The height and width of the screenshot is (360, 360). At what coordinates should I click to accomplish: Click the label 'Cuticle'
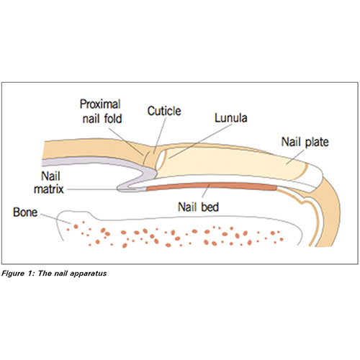click(164, 111)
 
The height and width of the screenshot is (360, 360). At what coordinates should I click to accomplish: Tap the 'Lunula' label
click(231, 118)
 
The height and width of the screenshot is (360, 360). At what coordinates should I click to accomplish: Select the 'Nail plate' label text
click(305, 142)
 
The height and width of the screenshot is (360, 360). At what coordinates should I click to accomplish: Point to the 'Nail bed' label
click(198, 207)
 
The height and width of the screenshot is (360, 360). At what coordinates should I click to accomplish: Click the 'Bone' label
click(25, 212)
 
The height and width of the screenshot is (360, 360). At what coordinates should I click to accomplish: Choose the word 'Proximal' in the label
click(100, 104)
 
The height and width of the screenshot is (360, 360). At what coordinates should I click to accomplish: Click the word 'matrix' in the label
click(49, 189)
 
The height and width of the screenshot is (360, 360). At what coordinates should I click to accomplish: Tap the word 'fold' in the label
click(113, 119)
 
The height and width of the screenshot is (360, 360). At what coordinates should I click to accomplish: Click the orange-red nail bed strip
click(211, 186)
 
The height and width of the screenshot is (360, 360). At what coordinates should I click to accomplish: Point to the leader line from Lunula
click(199, 141)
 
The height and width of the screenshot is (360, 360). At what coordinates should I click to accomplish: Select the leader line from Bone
click(55, 219)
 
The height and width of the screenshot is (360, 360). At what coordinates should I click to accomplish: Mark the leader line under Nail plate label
click(295, 157)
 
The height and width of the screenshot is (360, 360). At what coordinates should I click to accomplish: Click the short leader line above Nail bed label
click(206, 191)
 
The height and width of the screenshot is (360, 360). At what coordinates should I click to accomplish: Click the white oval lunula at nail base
click(161, 160)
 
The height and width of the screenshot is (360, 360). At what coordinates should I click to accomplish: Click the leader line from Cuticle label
click(160, 135)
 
